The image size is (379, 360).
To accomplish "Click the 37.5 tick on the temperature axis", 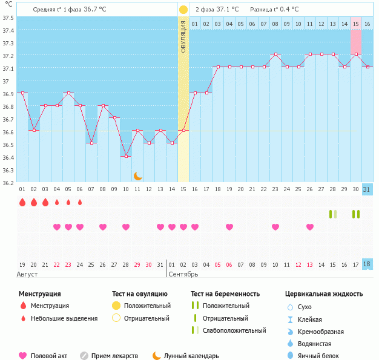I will pos(8,17).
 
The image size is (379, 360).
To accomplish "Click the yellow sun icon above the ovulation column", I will pos(183,10).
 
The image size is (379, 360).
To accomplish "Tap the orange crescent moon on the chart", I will pos(138,175).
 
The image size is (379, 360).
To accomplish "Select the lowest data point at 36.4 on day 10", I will pos(126,156).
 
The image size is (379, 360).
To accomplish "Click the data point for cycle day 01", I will pos(22,93).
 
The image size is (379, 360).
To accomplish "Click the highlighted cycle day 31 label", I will pos(367,189).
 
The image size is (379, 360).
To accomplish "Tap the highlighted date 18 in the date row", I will pos(367,264).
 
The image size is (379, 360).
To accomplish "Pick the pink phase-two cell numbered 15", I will pos(356,24).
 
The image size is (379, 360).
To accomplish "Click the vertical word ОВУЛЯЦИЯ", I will pos(183,36).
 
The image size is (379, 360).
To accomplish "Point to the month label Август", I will pos(28,275).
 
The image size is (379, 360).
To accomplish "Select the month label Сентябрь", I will pos(183,275).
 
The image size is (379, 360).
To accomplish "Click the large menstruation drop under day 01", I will pos(22,202).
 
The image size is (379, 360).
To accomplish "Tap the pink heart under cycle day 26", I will pos(310,227).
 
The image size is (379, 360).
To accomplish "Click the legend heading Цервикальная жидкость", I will pos(323,294).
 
